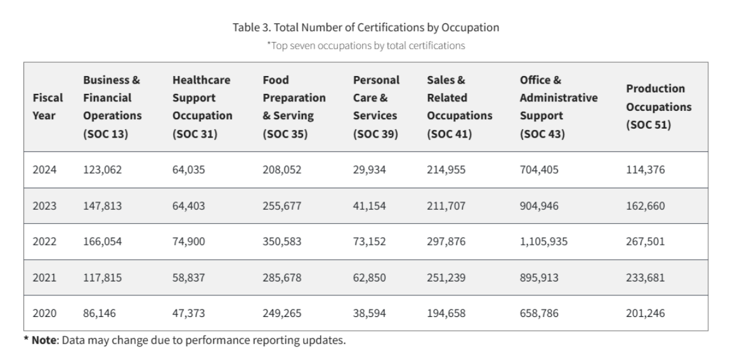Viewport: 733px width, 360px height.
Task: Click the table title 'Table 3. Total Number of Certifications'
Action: (x=366, y=27)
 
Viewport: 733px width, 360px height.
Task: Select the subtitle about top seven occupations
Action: (x=366, y=45)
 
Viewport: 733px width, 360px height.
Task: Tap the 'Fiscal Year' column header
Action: (x=48, y=107)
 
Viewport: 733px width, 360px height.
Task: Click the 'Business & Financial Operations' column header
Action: (x=112, y=107)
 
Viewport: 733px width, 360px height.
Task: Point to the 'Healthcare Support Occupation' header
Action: (x=202, y=107)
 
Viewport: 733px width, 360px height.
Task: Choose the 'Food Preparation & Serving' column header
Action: (x=294, y=107)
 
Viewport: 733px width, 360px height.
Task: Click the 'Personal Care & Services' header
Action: (x=376, y=107)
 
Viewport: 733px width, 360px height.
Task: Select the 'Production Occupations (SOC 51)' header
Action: (x=658, y=107)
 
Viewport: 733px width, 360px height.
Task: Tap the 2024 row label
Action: (x=44, y=169)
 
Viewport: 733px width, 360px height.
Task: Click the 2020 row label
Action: (x=44, y=312)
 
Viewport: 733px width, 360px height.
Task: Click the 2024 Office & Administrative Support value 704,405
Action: (x=539, y=169)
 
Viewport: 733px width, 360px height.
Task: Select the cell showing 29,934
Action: (x=369, y=169)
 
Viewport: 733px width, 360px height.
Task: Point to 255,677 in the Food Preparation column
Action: (x=282, y=205)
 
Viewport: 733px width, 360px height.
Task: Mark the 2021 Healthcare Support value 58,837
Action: (x=188, y=277)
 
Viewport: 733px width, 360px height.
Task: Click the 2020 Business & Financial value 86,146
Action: (x=99, y=312)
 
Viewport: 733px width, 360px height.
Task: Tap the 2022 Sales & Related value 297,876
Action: (x=446, y=241)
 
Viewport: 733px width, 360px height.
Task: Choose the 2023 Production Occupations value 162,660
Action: (x=645, y=205)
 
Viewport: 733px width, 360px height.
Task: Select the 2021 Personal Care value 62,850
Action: (x=369, y=277)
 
